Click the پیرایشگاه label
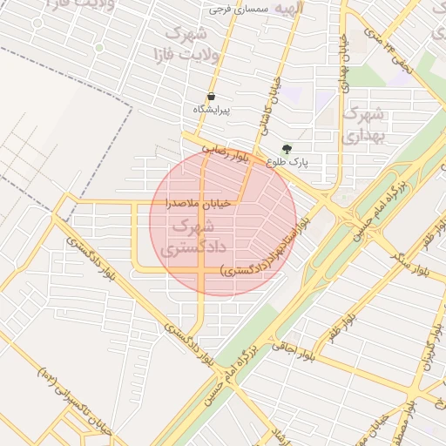211,111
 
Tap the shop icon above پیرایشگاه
211,97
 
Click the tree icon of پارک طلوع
287,148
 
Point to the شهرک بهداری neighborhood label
363,125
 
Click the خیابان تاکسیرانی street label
74,402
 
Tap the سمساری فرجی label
241,9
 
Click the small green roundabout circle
98,47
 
